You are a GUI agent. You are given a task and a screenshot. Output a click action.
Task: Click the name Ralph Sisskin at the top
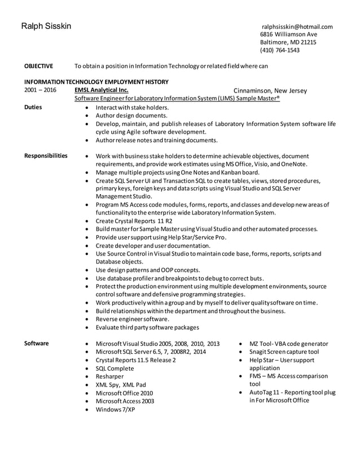coord(46,27)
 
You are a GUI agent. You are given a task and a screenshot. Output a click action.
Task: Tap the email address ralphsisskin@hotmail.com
coord(297,27)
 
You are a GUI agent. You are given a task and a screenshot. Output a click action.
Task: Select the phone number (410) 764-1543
coord(279,50)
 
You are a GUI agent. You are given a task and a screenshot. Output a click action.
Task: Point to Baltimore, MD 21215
coord(288,42)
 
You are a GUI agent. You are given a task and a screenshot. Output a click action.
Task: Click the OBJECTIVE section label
coord(38,66)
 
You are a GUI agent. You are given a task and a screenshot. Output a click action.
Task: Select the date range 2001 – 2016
coord(40,90)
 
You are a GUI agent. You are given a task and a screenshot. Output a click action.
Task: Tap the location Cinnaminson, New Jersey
coord(270,90)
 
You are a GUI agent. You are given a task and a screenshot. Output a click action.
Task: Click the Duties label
coord(33,107)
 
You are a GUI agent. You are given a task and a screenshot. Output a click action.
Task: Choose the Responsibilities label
coord(46,156)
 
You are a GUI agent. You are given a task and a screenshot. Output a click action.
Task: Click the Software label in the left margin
coord(37,343)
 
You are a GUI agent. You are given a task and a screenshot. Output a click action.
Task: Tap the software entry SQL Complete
coord(115,368)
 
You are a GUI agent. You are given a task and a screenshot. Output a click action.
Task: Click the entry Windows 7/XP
coord(115,409)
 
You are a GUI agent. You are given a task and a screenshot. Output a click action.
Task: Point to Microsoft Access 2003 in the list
coord(125,401)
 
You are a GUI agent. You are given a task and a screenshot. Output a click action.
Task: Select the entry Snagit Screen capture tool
coord(284,351)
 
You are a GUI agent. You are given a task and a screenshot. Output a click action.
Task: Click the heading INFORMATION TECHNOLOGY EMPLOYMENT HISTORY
coord(96,81)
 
